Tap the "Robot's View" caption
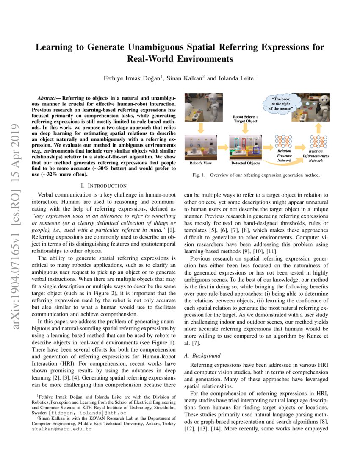pyautogui.click(x=201, y=163)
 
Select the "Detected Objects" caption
pyautogui.click(x=246, y=163)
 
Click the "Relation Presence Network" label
pyautogui.click(x=284, y=155)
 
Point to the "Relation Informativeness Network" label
pyautogui.click(x=316, y=155)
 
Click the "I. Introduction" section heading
pyautogui.click(x=103, y=186)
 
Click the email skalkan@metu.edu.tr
pyautogui.click(x=61, y=429)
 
